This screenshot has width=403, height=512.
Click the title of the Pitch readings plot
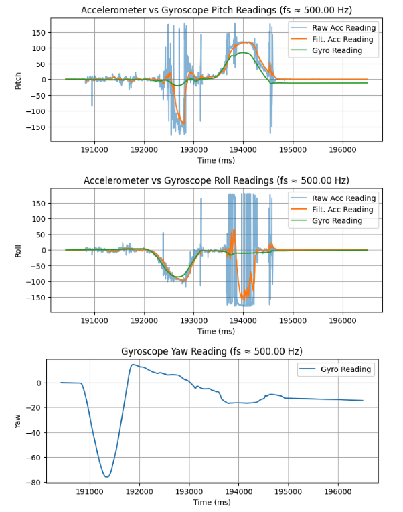tap(216, 10)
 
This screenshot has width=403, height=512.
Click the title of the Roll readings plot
tap(216, 181)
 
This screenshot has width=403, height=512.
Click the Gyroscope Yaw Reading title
tap(212, 352)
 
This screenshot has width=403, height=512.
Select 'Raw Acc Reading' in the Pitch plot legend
tap(343, 28)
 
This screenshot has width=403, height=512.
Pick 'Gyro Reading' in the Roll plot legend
tap(337, 221)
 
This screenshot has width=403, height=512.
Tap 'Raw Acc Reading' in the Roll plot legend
tap(343, 198)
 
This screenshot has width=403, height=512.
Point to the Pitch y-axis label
tap(19, 80)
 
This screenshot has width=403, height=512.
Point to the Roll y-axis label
tap(19, 251)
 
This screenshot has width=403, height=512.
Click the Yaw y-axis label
tap(19, 420)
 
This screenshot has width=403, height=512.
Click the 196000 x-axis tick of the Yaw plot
tap(337, 491)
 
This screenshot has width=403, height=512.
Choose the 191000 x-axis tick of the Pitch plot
tap(94, 150)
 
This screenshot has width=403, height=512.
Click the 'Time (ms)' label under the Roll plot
tap(216, 331)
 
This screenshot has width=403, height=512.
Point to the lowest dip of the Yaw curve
tap(106, 477)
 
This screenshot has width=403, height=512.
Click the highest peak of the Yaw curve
tap(133, 365)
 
